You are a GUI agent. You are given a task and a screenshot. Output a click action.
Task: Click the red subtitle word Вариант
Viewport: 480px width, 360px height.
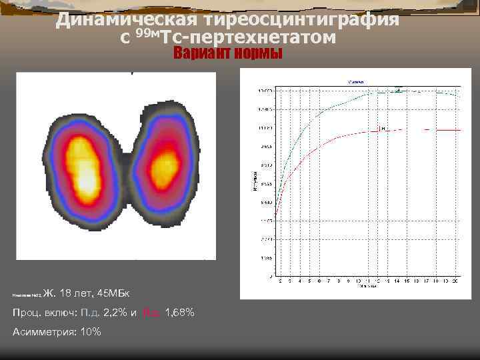point(200,54)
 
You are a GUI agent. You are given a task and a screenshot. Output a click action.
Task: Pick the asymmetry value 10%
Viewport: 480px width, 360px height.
point(90,332)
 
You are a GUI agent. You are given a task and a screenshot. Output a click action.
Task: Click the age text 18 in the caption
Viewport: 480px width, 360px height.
point(66,293)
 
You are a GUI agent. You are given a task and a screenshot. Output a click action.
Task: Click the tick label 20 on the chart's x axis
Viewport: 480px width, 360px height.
point(455,281)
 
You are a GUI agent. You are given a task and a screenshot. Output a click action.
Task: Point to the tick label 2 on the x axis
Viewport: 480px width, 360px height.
point(280,281)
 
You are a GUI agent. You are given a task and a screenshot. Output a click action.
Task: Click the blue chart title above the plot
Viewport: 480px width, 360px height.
point(353,81)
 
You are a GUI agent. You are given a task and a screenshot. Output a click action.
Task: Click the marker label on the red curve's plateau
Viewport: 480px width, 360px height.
point(382,128)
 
